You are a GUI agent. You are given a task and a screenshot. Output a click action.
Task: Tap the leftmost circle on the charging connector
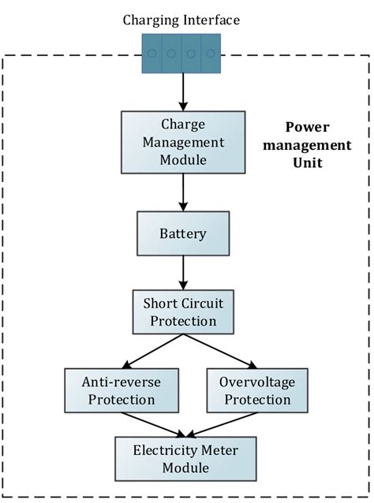(x=152, y=54)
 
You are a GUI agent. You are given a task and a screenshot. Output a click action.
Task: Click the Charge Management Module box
(x=183, y=142)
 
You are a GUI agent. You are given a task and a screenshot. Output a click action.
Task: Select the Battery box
(x=183, y=234)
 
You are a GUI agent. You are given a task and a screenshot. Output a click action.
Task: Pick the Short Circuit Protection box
(x=183, y=312)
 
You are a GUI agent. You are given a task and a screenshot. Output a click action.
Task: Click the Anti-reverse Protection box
(x=118, y=390)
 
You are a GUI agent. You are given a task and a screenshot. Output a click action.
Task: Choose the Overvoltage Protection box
(x=249, y=390)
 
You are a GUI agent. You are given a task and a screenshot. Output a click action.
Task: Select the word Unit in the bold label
(x=305, y=162)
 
